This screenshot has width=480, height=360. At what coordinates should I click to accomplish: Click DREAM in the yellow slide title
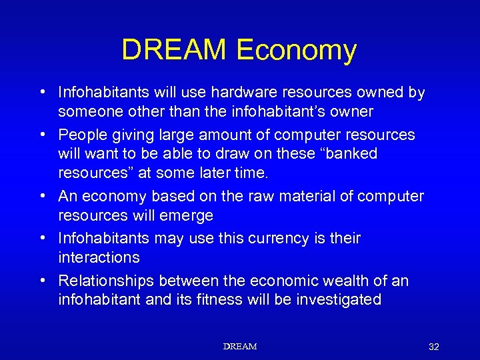pos(175,51)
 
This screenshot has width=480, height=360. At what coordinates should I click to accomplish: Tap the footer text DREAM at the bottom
pos(240,347)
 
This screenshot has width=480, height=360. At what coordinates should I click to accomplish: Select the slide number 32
pos(434,347)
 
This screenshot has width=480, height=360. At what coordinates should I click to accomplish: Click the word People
pos(81,135)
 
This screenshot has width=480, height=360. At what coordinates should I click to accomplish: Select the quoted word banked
pos(350,153)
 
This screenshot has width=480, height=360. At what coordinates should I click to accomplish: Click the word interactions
pos(99,257)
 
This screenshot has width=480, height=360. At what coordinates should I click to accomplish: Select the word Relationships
pos(106,281)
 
